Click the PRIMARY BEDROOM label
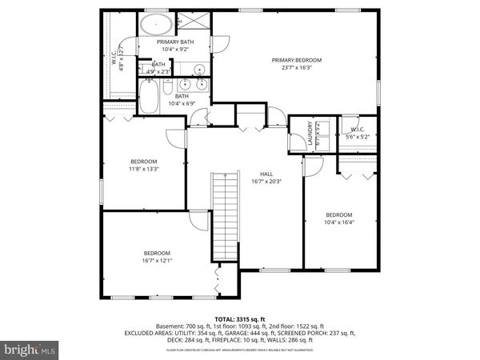pyautogui.click(x=296, y=60)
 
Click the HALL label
pyautogui.click(x=267, y=174)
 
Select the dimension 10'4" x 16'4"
pyautogui.click(x=338, y=222)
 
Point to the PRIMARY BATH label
pyautogui.click(x=175, y=42)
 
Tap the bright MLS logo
pyautogui.click(x=30, y=350)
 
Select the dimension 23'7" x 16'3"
pyautogui.click(x=296, y=68)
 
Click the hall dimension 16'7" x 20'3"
pyautogui.click(x=267, y=182)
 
